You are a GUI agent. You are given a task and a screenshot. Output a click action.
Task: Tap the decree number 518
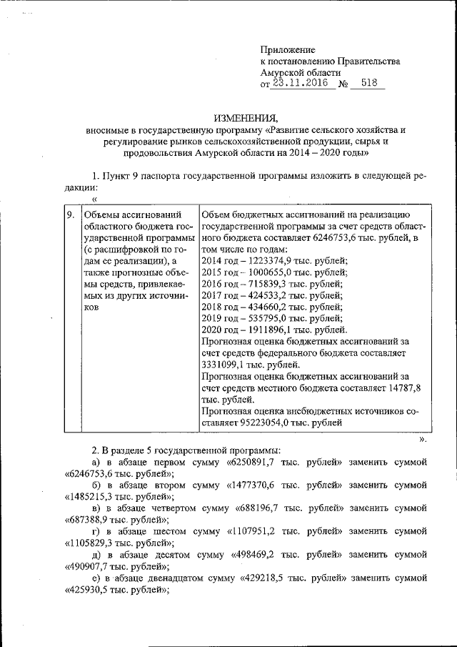point(369,84)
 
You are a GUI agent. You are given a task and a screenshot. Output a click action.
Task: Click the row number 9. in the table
point(70,214)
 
